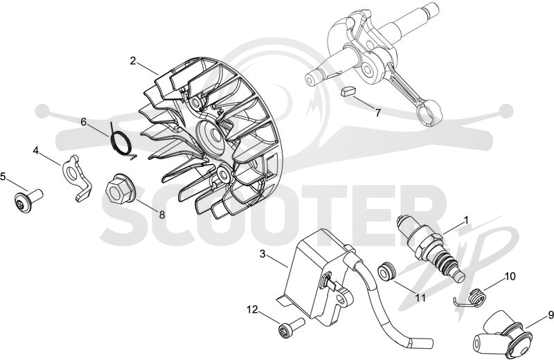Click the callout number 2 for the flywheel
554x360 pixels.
(x=132, y=61)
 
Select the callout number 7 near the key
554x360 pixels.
(x=378, y=113)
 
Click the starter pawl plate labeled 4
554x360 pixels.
(x=77, y=177)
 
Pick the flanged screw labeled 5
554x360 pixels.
(x=28, y=201)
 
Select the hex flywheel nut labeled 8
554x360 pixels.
(x=119, y=191)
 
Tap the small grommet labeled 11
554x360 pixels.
(x=387, y=271)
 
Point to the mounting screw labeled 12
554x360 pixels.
(x=292, y=327)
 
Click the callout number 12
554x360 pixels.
(x=253, y=309)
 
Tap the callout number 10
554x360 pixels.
(x=510, y=276)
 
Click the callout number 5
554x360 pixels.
(x=3, y=177)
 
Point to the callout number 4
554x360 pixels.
(x=35, y=150)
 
